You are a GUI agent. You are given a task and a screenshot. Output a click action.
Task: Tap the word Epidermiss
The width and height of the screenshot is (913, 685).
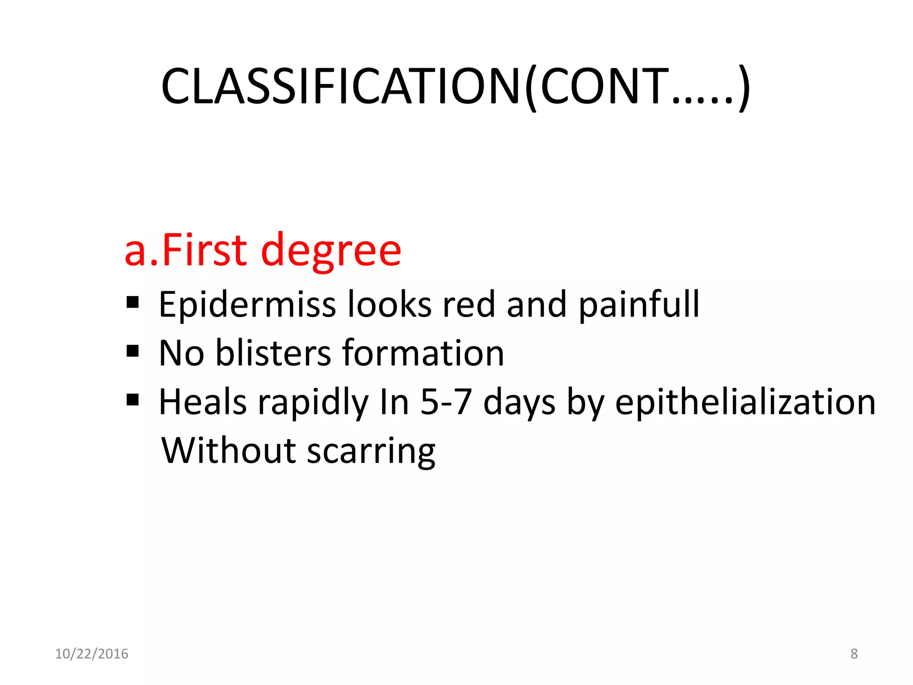click(247, 305)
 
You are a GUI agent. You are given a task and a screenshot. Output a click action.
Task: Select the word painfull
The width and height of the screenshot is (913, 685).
click(639, 305)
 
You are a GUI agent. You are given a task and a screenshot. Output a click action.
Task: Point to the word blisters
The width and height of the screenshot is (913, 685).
click(273, 353)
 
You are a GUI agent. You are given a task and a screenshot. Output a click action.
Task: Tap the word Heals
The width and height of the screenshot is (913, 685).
click(203, 402)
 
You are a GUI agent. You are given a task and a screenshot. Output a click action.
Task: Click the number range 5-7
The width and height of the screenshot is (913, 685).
click(446, 402)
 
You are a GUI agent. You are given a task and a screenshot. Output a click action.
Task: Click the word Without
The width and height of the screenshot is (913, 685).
click(228, 450)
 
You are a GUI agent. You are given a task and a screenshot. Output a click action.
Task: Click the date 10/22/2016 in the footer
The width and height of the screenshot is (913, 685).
click(91, 654)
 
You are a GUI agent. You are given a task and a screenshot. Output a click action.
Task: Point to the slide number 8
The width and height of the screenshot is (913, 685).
click(854, 654)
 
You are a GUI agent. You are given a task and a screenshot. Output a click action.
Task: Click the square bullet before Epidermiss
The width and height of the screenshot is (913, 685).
click(133, 303)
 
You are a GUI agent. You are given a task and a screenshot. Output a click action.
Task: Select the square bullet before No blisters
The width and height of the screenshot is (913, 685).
click(133, 351)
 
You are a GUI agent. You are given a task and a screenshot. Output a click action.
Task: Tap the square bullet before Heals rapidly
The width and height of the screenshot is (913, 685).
click(133, 400)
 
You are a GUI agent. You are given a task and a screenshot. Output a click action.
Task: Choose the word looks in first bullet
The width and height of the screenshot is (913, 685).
click(389, 305)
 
